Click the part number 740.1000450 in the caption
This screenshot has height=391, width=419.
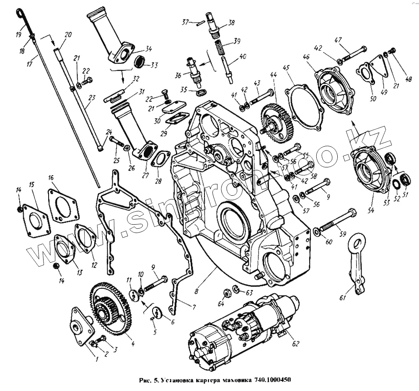[x=272, y=381]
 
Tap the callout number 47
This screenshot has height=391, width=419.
[x=339, y=40]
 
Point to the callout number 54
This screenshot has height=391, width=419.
[x=370, y=210]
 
